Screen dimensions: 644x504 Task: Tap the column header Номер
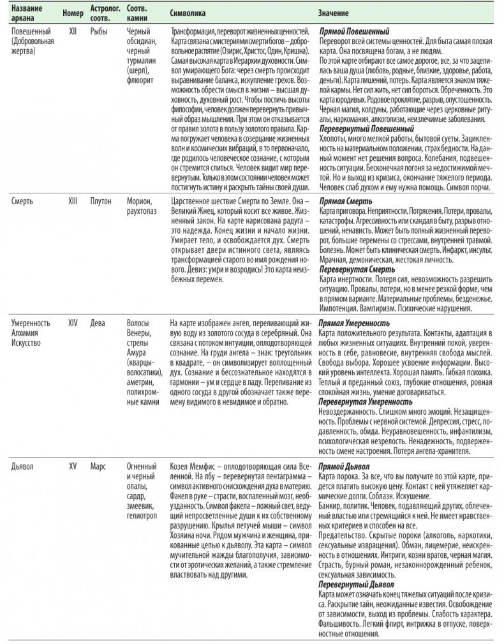(x=74, y=13)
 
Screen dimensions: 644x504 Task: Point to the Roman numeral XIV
(x=73, y=323)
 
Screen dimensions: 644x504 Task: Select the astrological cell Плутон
(x=102, y=199)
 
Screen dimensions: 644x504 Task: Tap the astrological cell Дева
(x=99, y=323)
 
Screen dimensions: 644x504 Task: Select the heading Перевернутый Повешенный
(x=362, y=127)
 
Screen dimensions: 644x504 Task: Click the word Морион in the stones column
(x=141, y=199)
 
